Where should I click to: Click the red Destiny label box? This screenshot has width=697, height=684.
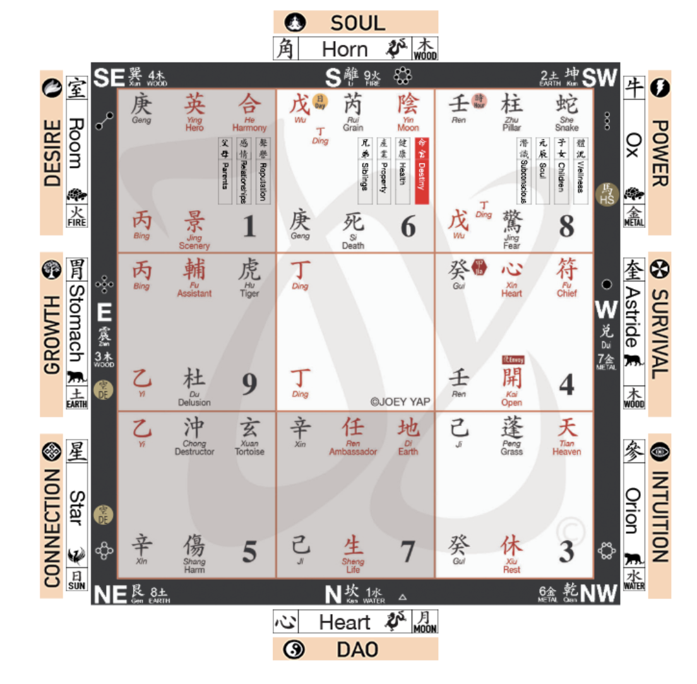422,170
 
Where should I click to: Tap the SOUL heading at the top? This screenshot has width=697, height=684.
357,23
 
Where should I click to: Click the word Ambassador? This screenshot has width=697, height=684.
353,452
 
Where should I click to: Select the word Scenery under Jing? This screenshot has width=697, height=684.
194,245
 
